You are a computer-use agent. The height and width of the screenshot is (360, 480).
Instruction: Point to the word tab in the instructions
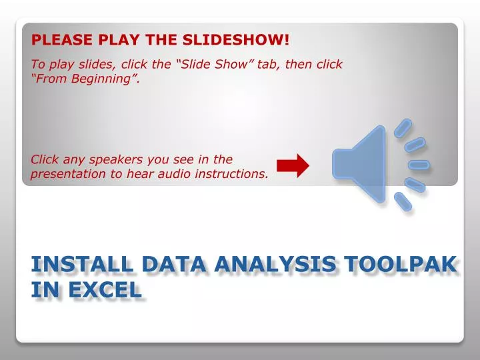tap(269, 65)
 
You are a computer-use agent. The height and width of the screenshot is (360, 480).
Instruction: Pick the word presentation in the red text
tap(67, 174)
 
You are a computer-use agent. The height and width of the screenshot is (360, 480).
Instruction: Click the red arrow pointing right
tap(293, 165)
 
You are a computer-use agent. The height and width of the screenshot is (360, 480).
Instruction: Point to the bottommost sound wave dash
tap(403, 201)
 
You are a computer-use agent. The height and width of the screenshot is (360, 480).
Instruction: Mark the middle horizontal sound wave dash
tap(419, 165)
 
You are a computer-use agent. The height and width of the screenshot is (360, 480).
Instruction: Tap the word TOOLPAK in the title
tap(400, 265)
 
